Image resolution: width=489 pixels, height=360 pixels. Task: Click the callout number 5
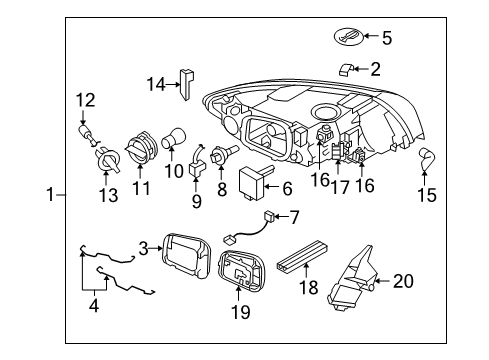[x=387, y=38]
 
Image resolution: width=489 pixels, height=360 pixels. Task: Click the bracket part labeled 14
[x=186, y=85]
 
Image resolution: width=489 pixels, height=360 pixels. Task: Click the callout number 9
[x=196, y=199]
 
